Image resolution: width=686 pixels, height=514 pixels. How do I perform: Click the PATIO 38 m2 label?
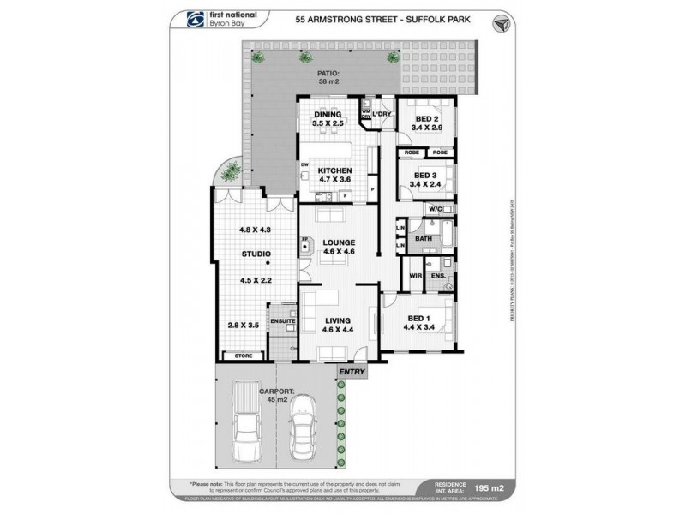click(328, 78)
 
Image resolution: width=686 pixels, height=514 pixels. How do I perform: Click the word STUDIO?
click(256, 254)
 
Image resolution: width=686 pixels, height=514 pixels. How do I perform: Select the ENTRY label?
click(352, 372)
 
